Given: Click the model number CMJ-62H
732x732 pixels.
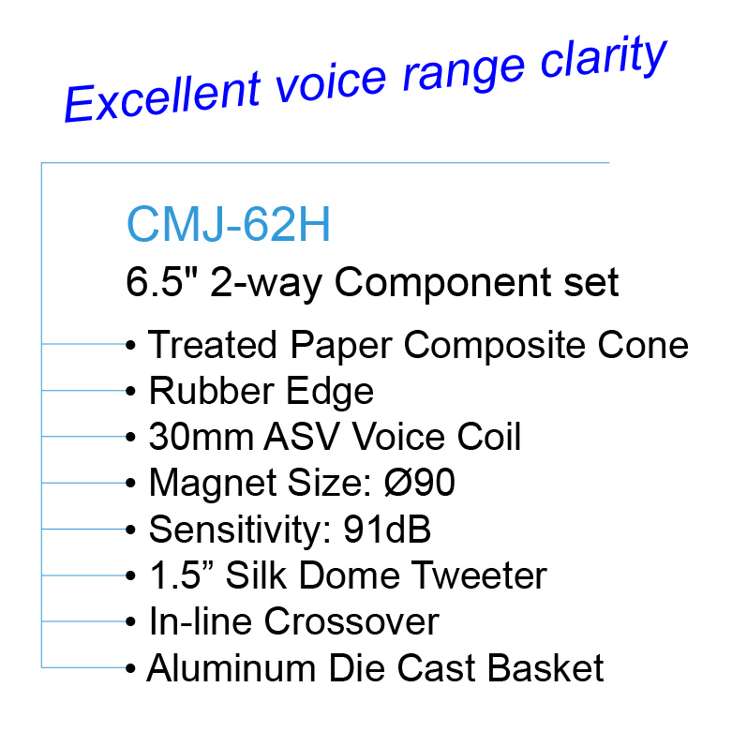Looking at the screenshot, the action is click(229, 225).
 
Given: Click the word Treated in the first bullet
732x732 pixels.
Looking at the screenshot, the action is click(213, 345).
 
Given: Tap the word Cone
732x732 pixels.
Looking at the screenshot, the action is click(643, 345).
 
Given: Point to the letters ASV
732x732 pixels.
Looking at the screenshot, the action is click(302, 437).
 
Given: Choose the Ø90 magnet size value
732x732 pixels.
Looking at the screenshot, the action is click(419, 483).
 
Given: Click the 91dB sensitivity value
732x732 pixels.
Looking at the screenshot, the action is click(387, 529).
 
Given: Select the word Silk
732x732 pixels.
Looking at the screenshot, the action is click(255, 575).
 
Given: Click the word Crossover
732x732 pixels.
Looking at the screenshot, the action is click(351, 621).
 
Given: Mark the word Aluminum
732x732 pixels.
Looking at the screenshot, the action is click(232, 667).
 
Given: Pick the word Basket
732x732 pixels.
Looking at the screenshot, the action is click(545, 667).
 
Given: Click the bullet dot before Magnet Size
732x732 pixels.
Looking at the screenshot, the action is click(130, 483).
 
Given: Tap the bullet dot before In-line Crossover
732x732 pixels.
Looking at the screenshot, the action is click(130, 621).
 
